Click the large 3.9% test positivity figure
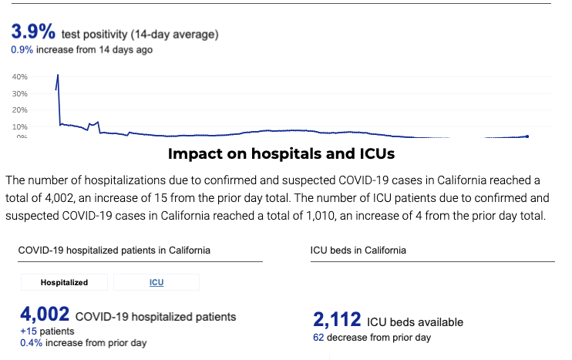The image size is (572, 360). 32,32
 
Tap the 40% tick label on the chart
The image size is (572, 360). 19,77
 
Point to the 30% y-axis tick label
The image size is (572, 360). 19,94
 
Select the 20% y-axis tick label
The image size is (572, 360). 19,110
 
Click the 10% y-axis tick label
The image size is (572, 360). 19,126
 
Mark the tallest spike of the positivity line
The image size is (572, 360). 58,76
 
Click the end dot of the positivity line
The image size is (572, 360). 527,136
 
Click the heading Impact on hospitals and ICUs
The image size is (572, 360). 281,154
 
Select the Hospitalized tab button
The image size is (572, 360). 64,283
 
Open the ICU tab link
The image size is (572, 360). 156,283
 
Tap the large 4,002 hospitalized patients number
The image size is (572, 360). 45,315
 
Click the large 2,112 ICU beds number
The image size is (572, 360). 337,320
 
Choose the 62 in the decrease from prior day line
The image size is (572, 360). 318,338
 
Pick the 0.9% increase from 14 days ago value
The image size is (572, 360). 20,50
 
